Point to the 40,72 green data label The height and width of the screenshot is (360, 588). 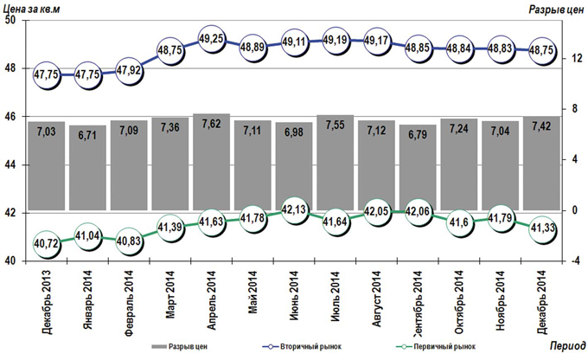click(x=47, y=243)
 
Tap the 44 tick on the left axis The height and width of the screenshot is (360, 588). click(x=11, y=164)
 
